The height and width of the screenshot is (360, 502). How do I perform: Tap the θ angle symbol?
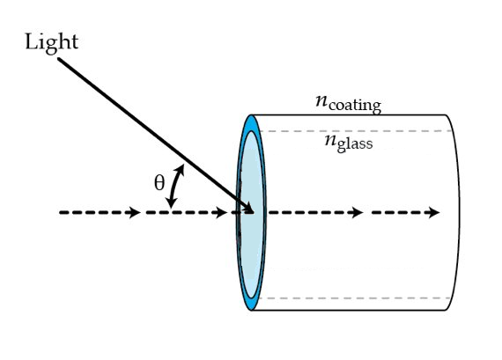coord(159,183)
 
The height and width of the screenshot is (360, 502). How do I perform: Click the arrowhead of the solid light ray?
coord(248,208)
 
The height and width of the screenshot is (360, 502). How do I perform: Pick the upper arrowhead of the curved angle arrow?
coord(181,167)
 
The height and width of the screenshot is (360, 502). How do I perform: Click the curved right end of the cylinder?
coord(460,211)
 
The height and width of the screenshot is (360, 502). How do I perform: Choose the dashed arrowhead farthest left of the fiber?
coord(134,212)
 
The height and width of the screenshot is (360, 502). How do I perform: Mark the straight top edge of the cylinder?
coord(352,115)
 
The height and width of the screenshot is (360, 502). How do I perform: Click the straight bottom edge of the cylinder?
coord(352,312)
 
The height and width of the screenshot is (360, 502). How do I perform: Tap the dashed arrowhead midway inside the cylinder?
coord(357,212)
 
